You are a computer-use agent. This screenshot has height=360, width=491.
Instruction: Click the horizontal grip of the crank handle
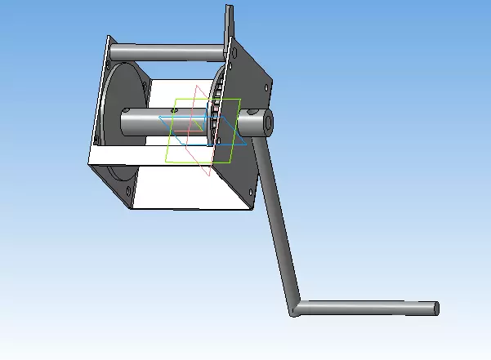(x=368, y=309)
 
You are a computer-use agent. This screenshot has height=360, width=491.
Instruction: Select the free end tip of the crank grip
(x=436, y=308)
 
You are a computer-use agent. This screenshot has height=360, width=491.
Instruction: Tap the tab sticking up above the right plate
(x=229, y=20)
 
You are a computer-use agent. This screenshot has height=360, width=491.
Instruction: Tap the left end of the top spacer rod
(x=113, y=51)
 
